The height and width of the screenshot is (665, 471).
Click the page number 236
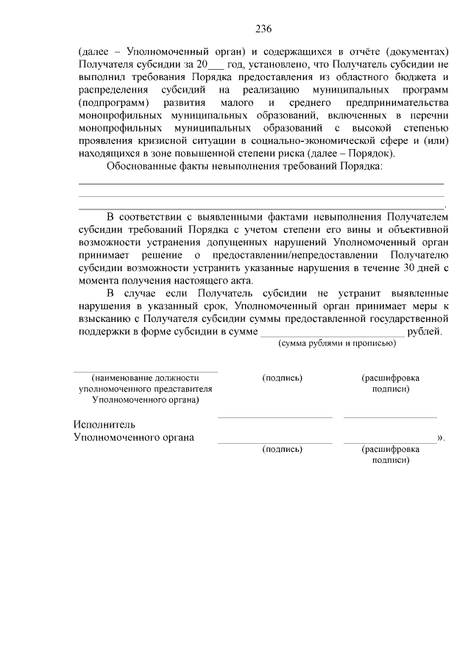click(263, 29)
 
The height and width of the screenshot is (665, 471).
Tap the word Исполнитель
click(104, 425)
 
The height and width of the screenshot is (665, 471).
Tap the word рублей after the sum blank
click(425, 331)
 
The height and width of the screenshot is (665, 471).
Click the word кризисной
click(166, 141)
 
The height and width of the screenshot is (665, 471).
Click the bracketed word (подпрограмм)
click(114, 103)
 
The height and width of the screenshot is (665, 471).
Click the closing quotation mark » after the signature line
click(441, 438)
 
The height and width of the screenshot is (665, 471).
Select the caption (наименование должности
click(146, 378)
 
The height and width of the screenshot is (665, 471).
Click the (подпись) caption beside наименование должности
click(282, 378)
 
